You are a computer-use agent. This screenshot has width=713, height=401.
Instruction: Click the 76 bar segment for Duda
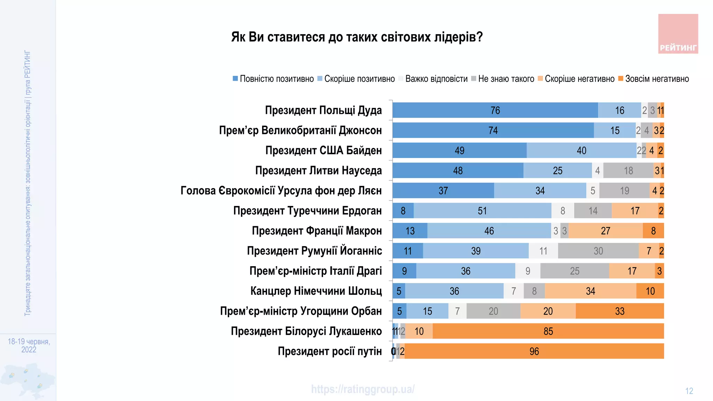point(495,110)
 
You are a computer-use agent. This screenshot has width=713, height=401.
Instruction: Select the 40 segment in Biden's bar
point(581,150)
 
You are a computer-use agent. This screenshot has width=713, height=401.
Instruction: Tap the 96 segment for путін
point(534,351)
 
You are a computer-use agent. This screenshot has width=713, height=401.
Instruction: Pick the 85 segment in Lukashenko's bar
point(548,331)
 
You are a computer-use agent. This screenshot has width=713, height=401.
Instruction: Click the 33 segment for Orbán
point(620,311)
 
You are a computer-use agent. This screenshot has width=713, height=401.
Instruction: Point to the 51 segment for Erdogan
point(482,211)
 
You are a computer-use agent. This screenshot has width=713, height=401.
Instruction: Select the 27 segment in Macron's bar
point(605,231)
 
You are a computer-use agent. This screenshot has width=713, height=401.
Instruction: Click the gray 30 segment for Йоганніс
point(598,251)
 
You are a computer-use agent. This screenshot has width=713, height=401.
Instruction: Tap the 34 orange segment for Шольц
point(590,291)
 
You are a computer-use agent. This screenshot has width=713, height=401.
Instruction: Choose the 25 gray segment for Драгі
point(574,271)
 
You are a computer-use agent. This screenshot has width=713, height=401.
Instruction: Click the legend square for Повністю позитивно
point(235,79)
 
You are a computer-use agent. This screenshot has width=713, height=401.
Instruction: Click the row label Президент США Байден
point(323,150)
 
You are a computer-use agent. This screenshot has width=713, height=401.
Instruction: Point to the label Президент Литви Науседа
point(318,171)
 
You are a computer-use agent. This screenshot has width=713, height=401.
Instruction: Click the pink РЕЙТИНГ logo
point(678,34)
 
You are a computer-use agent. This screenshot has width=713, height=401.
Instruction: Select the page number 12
point(689,391)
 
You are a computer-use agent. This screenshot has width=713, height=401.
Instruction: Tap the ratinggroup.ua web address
point(363,389)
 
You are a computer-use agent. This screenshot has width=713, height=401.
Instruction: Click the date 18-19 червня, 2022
point(29,345)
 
